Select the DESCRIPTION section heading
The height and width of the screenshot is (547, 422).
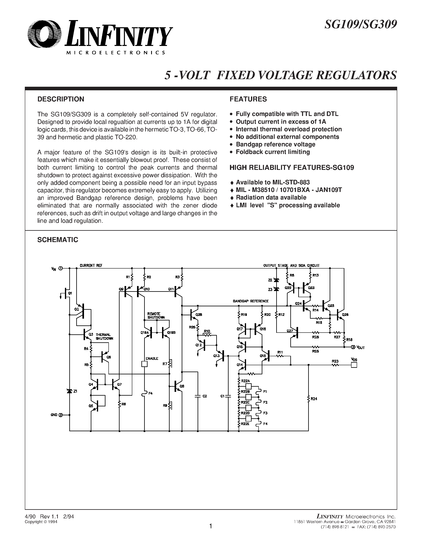61,99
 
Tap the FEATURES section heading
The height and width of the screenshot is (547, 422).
248,99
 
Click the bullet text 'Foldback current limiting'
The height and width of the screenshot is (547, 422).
273,152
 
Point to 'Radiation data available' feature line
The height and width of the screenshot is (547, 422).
271,198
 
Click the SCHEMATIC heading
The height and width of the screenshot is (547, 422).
58,240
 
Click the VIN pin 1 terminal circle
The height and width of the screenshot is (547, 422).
61,268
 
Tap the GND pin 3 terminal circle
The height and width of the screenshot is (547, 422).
61,415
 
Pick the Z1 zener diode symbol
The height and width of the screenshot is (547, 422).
70,391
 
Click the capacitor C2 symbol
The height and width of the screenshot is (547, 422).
198,396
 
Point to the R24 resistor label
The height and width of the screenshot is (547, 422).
314,399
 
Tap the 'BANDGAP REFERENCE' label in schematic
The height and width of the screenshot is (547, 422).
250,301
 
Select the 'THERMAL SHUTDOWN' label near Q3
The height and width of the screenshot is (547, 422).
104,337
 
